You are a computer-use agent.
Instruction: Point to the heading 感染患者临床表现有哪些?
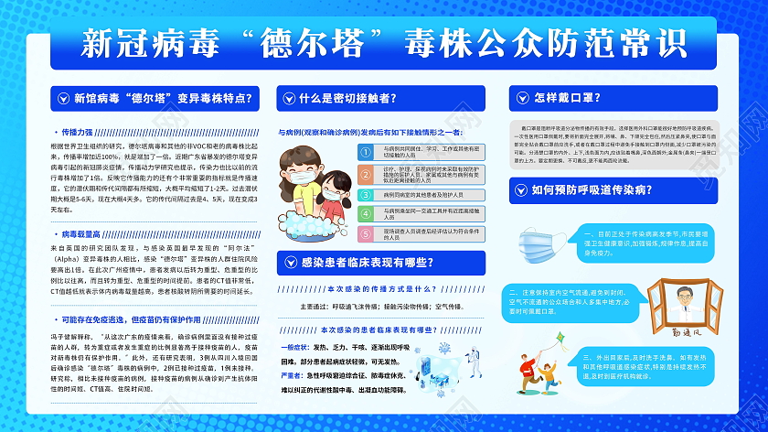(x=367, y=264)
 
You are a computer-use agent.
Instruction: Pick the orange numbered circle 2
(x=374, y=171)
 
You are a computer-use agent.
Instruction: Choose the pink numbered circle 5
(x=374, y=234)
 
